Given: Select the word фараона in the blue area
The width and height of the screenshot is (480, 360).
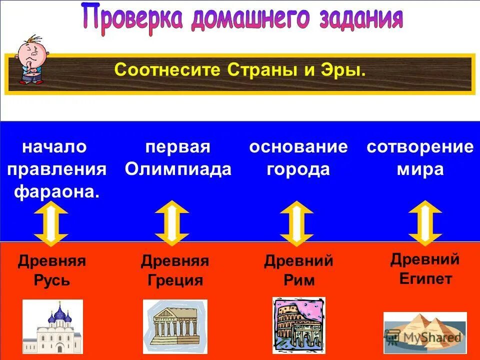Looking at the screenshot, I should pos(56,191).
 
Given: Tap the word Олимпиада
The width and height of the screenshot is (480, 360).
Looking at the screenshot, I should pos(178,169).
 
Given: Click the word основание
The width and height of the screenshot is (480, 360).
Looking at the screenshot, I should pos(298,147).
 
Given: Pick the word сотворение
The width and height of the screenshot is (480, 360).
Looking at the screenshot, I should pos(420,147).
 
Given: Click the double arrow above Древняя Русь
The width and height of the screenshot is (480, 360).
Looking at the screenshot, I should pos(51,223).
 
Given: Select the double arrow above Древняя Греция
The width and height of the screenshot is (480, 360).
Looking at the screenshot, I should pos(172,223).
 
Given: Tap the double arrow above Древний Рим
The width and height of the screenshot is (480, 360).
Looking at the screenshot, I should pos(297,223).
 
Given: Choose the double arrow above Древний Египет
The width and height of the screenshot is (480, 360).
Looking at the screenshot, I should pos(425,223).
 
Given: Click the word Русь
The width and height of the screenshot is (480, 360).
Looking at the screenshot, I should pos(52,280).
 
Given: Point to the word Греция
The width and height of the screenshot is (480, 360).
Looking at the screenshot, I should pos(175,280).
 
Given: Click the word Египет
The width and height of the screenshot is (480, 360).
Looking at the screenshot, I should pos(425,278).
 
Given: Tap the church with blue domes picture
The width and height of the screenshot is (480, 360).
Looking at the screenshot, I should pos(52,327).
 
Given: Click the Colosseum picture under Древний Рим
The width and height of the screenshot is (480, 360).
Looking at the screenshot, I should pos(298,325).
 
